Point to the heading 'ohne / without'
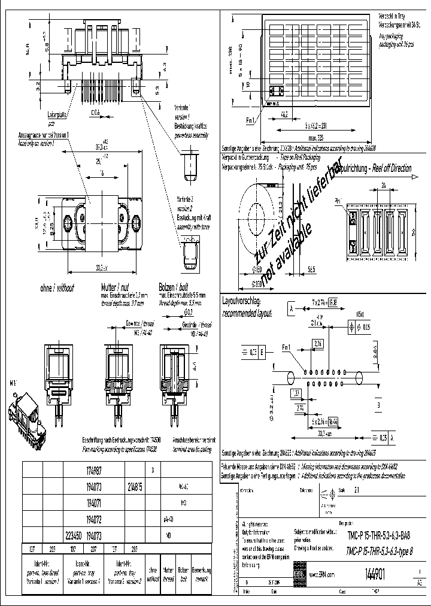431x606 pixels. (x=56, y=288)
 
